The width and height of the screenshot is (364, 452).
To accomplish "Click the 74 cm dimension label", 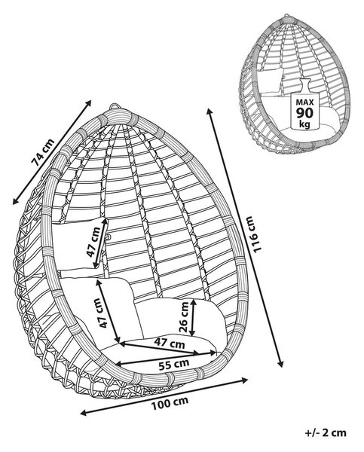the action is coord(42,153).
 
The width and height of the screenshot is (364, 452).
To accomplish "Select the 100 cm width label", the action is coord(170,403).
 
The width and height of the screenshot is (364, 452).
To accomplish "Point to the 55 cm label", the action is coord(174,365).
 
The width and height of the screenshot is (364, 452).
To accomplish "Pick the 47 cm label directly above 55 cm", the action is coord(169,343).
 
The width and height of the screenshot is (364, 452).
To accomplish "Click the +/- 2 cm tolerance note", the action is coord(326,432).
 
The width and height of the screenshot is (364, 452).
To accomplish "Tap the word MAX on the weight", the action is coord(304,102).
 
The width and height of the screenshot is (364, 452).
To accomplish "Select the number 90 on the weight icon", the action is coord(304,113).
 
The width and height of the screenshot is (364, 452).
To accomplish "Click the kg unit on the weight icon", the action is coord(304,124).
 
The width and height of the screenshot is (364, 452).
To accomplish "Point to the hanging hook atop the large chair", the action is coord(115,106).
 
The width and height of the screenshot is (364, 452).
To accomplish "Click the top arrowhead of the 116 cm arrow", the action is coord(210,111).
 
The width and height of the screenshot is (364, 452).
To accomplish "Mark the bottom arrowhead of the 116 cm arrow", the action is coord(280,364).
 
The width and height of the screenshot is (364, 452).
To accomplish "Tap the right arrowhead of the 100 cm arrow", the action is coord(245,380).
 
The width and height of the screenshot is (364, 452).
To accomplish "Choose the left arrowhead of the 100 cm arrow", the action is coord(83,413).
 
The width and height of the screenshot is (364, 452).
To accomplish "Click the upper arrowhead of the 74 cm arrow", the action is coord(88,102).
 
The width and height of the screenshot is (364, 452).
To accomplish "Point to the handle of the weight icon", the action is coord(304,84).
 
